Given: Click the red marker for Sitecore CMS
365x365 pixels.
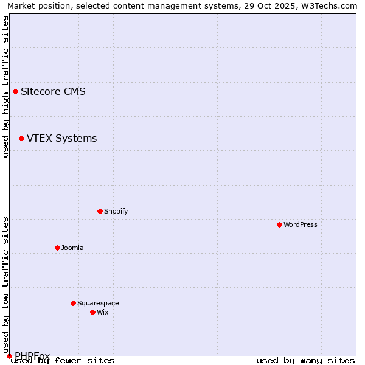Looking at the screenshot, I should (x=15, y=92).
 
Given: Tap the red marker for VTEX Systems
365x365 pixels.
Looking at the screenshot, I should (x=21, y=139).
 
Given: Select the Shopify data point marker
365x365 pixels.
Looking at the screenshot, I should (x=100, y=212).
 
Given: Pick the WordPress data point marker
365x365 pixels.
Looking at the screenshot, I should (x=279, y=225).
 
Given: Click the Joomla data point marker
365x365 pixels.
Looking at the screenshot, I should (x=57, y=248).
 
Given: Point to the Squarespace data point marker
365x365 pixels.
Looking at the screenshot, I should (x=73, y=304).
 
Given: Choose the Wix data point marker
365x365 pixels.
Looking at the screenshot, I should (x=92, y=313).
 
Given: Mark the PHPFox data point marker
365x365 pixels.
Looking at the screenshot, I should (x=9, y=356).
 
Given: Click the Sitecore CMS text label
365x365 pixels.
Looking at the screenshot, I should (x=53, y=92).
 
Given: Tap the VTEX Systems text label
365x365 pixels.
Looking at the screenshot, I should (x=61, y=139).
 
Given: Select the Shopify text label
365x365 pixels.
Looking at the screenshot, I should (x=116, y=212).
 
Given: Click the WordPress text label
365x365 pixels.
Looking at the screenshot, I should (x=300, y=225).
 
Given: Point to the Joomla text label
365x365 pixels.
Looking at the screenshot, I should (x=72, y=248).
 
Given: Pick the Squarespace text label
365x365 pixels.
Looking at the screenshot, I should (x=98, y=304).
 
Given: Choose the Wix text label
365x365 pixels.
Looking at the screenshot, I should (x=102, y=313).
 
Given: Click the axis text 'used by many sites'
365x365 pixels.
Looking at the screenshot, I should (x=305, y=361).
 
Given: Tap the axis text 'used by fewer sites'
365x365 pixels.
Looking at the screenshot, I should (x=63, y=361).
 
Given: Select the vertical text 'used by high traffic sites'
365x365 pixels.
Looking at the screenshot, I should (x=5, y=86).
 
